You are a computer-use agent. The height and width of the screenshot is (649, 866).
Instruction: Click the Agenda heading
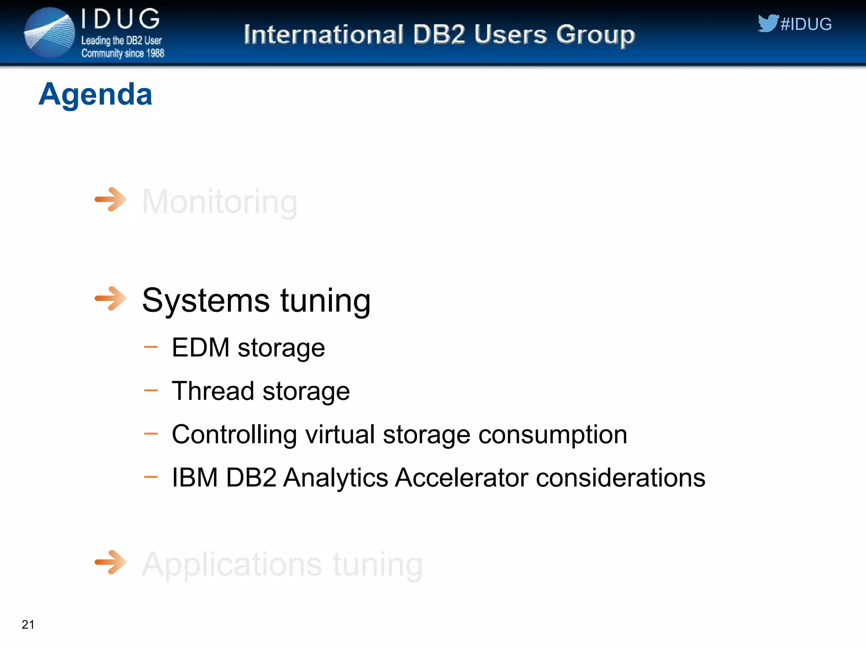(x=95, y=94)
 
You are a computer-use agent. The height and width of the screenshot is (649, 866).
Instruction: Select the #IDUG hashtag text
(x=806, y=24)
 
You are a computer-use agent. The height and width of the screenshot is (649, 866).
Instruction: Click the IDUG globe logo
(x=49, y=33)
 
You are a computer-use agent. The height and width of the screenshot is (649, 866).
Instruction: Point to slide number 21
(x=28, y=624)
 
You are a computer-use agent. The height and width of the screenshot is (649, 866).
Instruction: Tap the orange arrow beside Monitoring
(x=110, y=199)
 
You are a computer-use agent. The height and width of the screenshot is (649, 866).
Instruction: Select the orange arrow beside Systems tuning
(x=110, y=298)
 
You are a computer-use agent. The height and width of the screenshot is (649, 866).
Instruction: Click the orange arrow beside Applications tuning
(x=110, y=562)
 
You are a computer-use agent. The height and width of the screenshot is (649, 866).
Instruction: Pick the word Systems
(x=206, y=300)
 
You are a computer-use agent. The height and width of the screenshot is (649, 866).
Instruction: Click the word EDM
(x=200, y=347)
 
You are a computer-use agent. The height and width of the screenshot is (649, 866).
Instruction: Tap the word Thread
(x=212, y=391)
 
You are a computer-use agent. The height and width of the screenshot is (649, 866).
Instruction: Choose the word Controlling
(x=234, y=434)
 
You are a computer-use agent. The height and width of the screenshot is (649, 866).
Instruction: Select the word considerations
(x=620, y=478)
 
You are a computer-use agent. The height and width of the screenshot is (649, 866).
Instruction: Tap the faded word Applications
(x=232, y=564)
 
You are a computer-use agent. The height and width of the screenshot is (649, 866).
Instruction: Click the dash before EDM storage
(x=151, y=347)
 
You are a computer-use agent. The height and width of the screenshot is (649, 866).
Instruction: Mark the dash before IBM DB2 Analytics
(x=151, y=477)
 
